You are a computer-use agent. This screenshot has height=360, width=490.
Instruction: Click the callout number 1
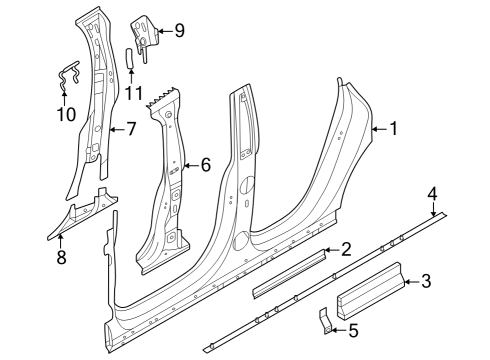pyautogui.click(x=394, y=128)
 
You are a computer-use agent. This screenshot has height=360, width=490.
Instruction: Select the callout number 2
pyautogui.click(x=346, y=249)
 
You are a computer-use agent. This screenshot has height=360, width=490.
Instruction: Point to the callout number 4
pyautogui.click(x=433, y=193)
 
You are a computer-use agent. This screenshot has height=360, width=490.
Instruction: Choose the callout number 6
pyautogui.click(x=206, y=164)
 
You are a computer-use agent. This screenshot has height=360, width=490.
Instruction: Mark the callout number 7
pyautogui.click(x=130, y=128)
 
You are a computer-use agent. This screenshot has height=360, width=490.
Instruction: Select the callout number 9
pyautogui.click(x=179, y=30)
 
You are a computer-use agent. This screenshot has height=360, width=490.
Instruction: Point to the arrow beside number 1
pyautogui.click(x=378, y=128)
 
